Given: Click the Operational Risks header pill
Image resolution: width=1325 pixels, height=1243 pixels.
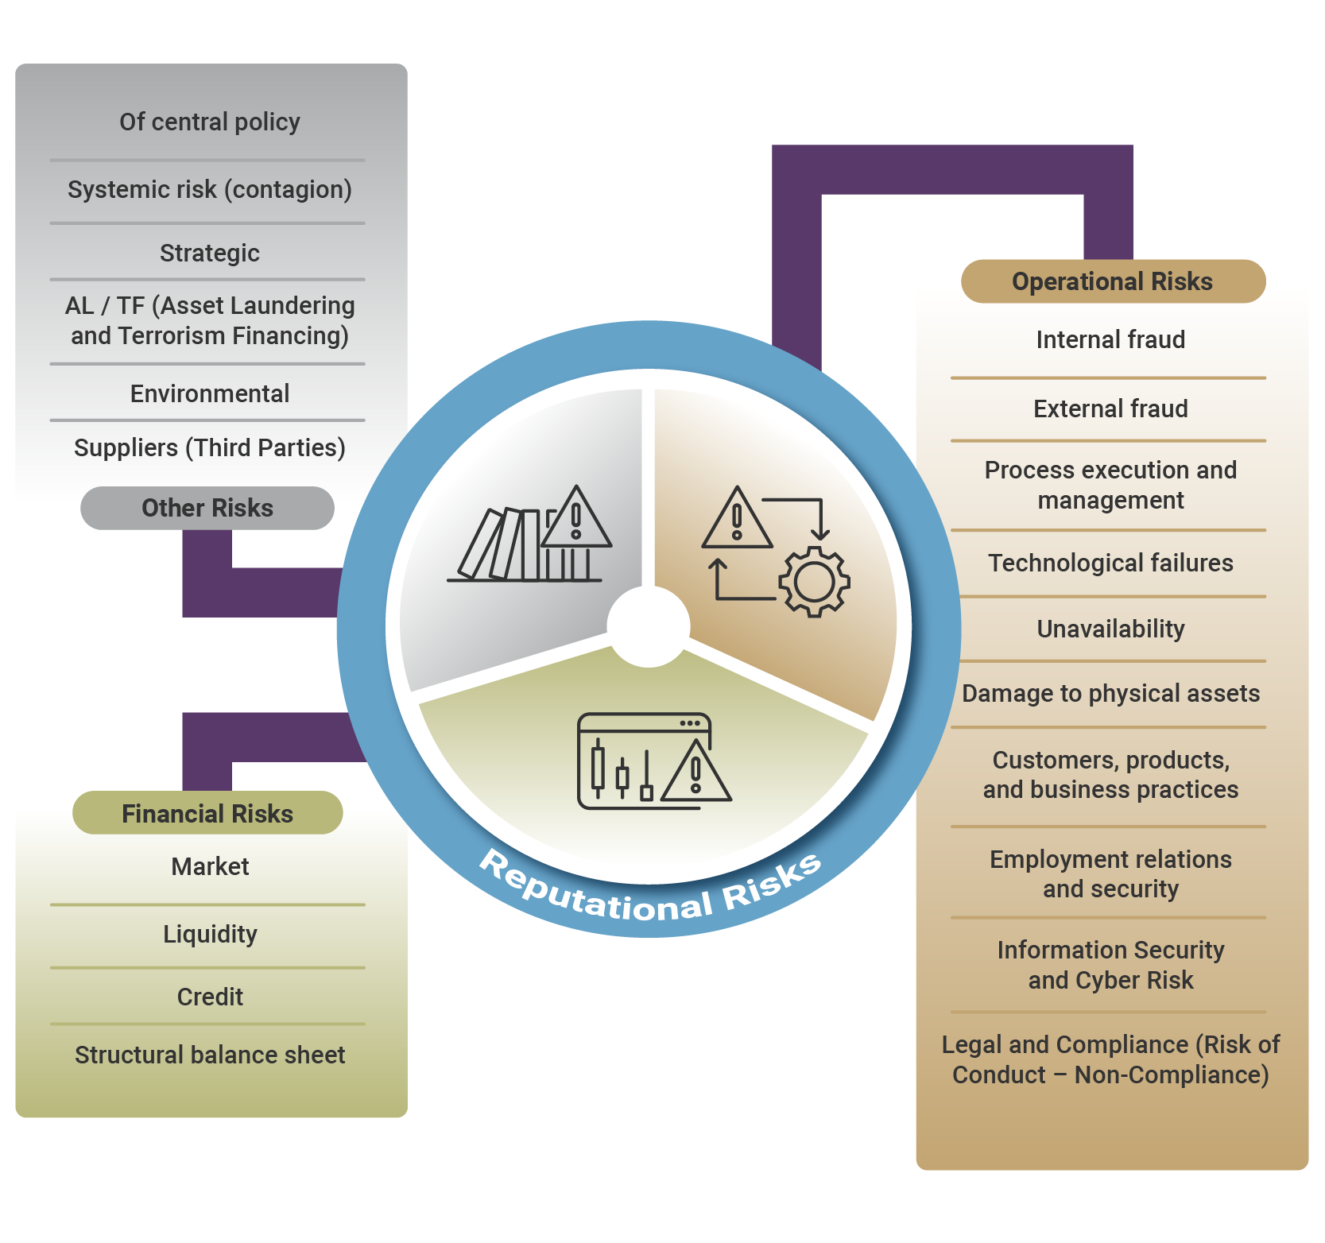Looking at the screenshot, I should point(1112,281).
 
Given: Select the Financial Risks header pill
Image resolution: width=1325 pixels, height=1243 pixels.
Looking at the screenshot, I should point(207,813).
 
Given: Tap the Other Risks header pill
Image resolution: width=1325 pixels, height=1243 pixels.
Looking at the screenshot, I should point(207,508).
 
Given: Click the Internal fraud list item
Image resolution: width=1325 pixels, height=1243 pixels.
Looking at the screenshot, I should point(1110,340).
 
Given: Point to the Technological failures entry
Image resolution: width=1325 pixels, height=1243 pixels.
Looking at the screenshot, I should point(1110,563).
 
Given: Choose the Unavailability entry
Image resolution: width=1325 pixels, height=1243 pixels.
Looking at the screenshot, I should point(1110,629).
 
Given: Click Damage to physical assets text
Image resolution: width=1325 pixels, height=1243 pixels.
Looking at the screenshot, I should point(1110,693).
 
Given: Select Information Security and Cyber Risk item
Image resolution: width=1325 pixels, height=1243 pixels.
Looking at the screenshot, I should point(1110,965).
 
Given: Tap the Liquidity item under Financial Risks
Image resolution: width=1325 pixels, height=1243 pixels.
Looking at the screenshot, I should point(210,934).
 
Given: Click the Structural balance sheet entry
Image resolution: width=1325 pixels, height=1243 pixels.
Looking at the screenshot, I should point(210,1055).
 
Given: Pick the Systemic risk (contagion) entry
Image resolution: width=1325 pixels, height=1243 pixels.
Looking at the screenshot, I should point(210,189).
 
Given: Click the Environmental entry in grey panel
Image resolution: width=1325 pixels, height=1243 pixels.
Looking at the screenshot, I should point(210,393).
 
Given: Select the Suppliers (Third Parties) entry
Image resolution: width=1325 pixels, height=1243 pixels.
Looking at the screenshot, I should point(210,447).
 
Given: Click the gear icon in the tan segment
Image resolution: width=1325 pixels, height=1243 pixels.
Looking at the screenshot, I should point(814,581).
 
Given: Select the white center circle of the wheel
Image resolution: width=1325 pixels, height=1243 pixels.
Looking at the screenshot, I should point(649,626).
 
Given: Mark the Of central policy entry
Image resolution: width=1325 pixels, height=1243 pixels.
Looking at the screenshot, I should point(210,122).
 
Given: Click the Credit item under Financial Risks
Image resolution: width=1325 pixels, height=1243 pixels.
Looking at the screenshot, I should point(210,997).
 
